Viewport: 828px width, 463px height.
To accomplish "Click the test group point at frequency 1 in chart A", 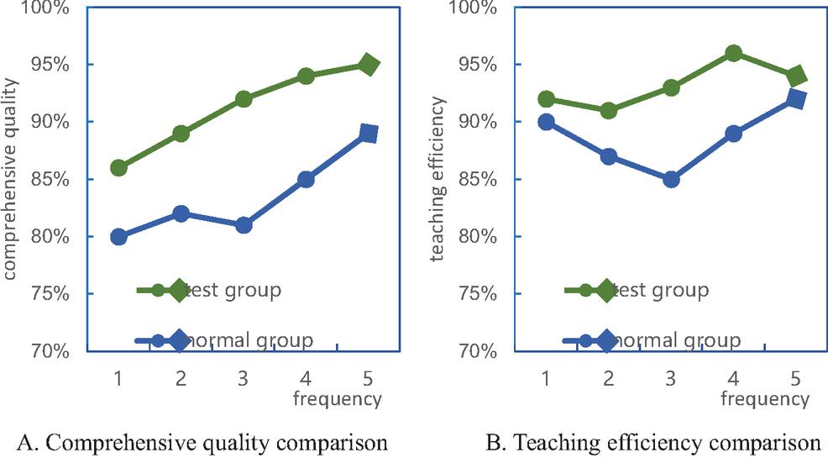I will (x=118, y=168).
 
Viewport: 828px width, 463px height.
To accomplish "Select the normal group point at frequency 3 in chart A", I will (x=244, y=225).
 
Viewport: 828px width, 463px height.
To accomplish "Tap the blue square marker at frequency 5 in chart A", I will (x=368, y=134).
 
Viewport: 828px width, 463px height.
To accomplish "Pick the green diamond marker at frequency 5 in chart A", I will (x=368, y=65).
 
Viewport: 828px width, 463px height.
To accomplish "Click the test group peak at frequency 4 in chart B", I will (x=733, y=54).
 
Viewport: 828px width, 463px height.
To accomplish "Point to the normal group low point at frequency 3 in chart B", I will (x=671, y=179).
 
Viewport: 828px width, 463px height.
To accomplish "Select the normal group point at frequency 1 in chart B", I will (x=546, y=122).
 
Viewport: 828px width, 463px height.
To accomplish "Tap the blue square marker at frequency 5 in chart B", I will (x=795, y=99).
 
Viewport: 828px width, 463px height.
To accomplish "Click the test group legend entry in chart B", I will (x=638, y=291).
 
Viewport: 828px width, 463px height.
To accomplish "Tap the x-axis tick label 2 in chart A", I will (x=181, y=378).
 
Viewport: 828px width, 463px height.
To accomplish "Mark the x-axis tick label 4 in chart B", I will (x=733, y=378).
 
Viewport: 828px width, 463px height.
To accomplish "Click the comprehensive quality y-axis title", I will (x=12, y=178).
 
